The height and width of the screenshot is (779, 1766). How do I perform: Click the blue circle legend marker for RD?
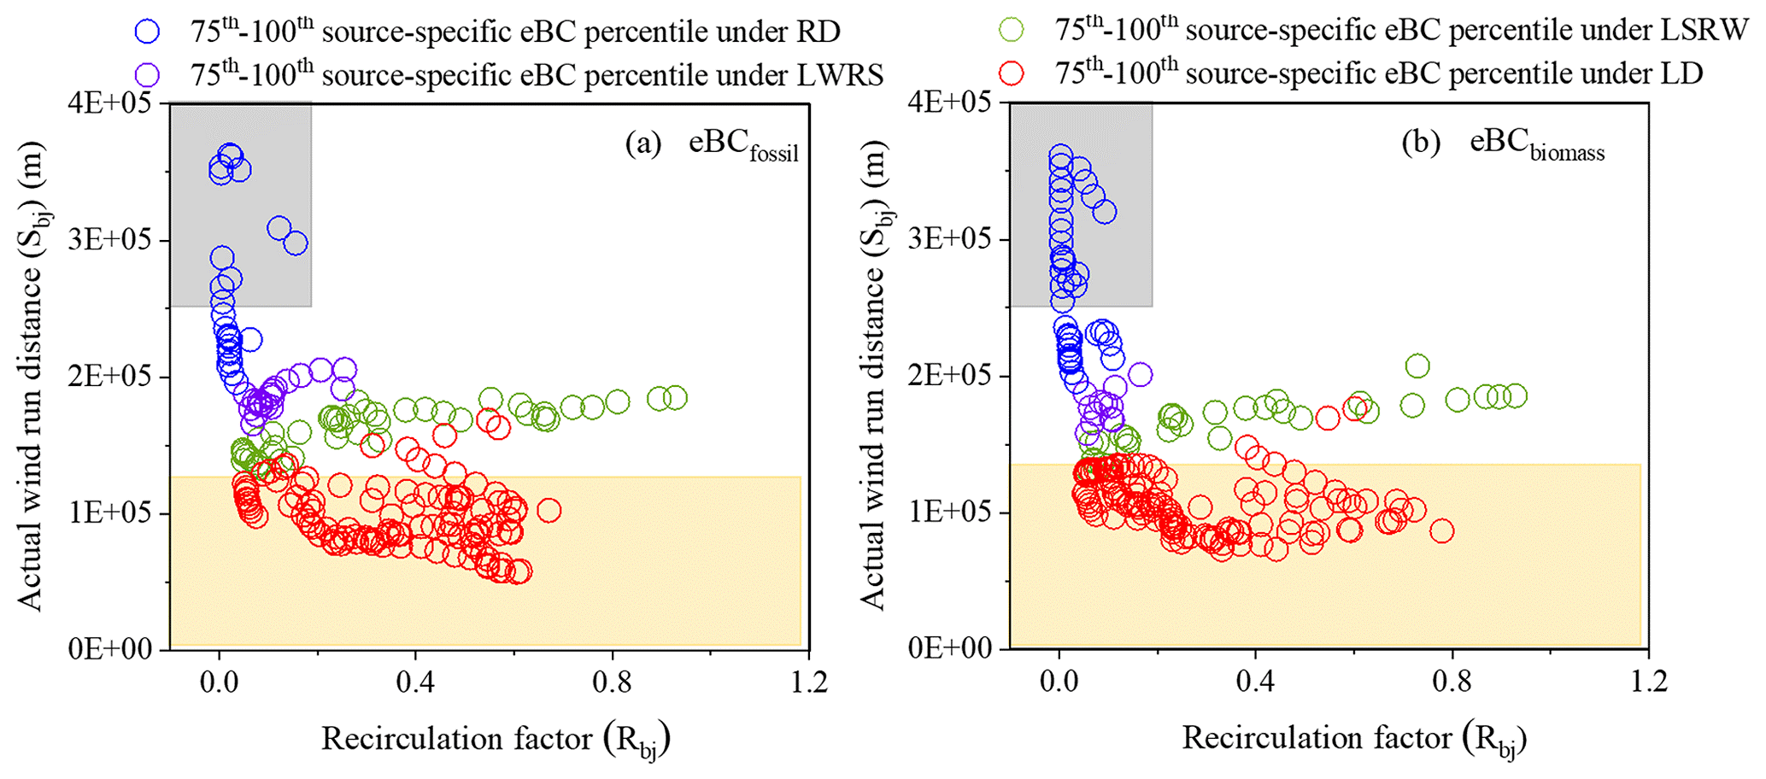click(148, 32)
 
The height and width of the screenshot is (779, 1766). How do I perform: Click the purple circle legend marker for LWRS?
click(148, 75)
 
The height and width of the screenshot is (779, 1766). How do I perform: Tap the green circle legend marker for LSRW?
click(1013, 31)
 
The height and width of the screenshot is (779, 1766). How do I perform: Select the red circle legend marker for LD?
click(1013, 73)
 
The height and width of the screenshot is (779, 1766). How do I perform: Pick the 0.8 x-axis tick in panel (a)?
click(613, 684)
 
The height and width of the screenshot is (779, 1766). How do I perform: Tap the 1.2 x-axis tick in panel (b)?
click(1648, 684)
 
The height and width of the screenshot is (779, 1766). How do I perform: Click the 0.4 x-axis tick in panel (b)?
click(1255, 684)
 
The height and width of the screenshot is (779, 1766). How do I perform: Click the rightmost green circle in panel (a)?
click(675, 397)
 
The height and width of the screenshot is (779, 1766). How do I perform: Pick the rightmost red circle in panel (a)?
click(549, 511)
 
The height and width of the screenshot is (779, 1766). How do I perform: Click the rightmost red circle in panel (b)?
click(1441, 530)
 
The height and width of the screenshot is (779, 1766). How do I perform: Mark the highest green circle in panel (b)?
click(1417, 366)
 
